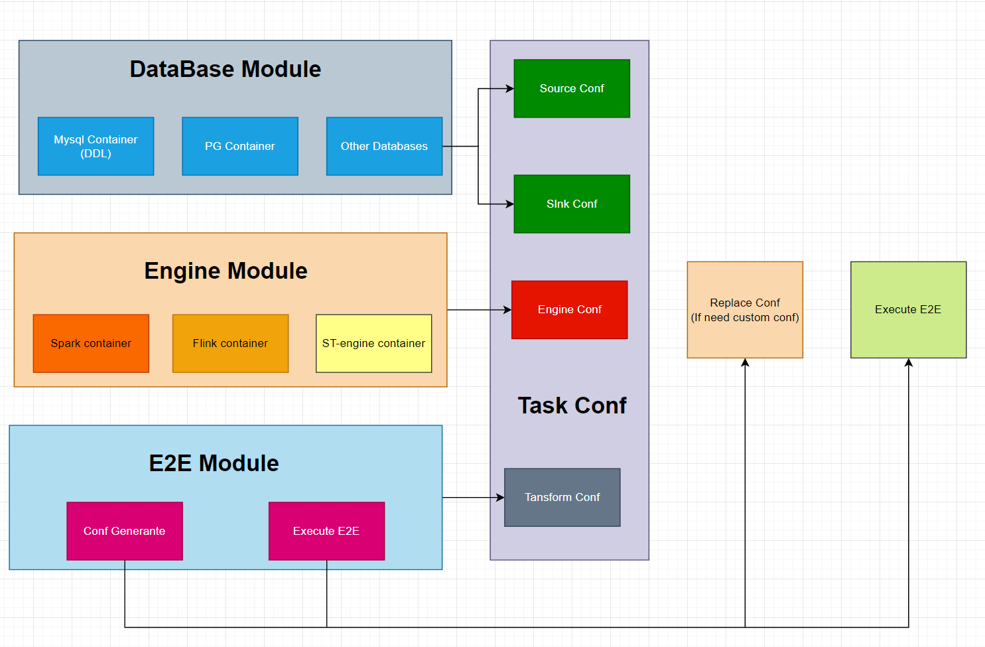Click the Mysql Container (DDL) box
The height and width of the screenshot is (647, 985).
point(96,146)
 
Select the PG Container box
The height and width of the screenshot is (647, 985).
point(239,146)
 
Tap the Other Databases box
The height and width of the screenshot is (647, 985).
point(384,146)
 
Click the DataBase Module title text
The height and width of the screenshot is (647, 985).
point(225,69)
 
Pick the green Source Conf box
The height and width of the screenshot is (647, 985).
point(571,88)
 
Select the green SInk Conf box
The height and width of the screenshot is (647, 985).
point(571,204)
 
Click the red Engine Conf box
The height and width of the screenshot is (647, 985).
point(569,309)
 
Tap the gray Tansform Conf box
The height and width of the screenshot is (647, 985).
point(562,497)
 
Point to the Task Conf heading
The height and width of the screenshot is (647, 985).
point(572,405)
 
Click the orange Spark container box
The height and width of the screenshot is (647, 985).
point(91,343)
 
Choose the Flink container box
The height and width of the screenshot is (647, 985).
point(230,343)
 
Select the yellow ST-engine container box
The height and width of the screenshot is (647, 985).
point(373,343)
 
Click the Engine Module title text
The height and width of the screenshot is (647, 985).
point(226,271)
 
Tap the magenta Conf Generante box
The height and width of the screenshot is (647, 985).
point(124,531)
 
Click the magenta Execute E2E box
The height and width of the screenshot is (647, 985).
point(326,531)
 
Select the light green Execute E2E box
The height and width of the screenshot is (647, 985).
point(908,309)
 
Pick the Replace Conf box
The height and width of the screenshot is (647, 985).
point(745,309)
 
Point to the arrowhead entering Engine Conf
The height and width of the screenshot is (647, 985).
point(507,310)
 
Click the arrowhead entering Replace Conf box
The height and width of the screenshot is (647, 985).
point(745,362)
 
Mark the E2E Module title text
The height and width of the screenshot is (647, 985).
point(214,463)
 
